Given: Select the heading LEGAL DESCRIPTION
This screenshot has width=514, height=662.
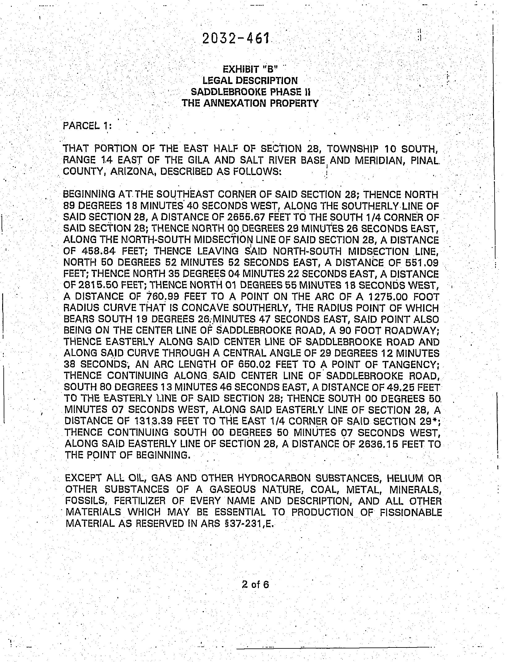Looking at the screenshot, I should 250,81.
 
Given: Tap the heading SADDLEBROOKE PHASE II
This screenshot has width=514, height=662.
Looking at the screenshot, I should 250,92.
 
